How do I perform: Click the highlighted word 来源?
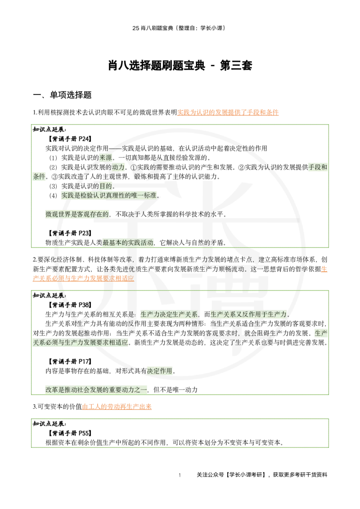[106, 157]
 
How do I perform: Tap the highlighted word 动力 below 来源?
[118, 167]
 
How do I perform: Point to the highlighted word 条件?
[39, 176]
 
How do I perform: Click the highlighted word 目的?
[105, 186]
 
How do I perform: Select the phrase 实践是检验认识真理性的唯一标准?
[109, 195]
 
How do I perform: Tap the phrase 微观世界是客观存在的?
[77, 214]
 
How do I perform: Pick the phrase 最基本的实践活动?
[128, 242]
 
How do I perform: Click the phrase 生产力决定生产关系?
[169, 314]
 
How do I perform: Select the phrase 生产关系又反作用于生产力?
[248, 314]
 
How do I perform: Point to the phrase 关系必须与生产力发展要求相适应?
[81, 343]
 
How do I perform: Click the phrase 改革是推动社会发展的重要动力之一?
[96, 390]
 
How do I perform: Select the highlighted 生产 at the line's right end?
[320, 333]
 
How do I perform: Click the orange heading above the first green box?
[228, 112]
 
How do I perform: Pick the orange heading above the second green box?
[83, 278]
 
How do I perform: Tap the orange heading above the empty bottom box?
[117, 406]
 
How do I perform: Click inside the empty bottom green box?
[180, 433]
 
